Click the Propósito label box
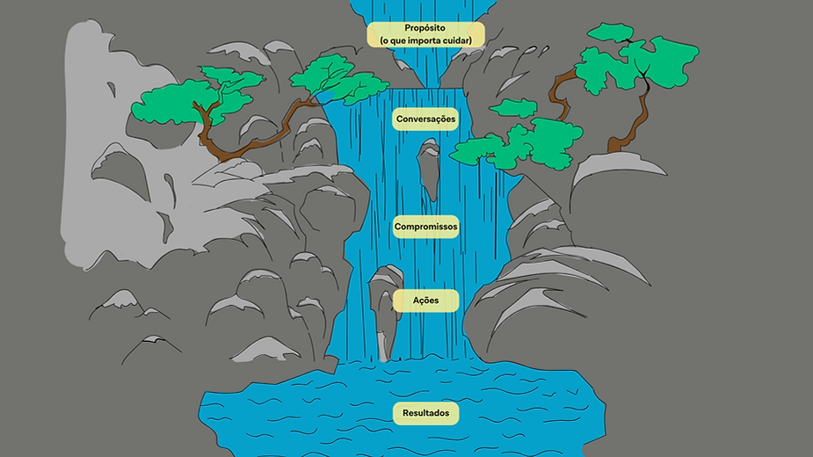425,33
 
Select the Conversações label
425,119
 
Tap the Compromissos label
425,227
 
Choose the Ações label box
425,301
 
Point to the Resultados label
425,413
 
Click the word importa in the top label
422,40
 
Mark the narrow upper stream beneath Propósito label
426,66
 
